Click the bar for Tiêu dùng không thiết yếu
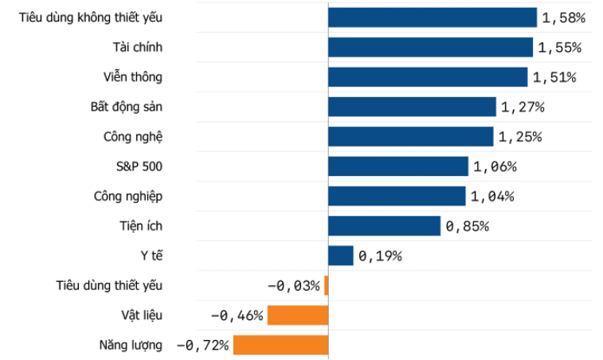coord(433,18)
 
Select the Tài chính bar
coord(430,47)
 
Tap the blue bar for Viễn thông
coord(428,77)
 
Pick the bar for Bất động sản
coord(412,107)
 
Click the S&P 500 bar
coord(398,166)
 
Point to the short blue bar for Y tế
coord(341,256)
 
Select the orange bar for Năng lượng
coord(280,345)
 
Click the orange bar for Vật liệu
coord(298,315)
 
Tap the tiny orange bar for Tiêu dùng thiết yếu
coord(327,285)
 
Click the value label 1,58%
coord(564,18)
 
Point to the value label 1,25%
coord(520,137)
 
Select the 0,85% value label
coord(468,226)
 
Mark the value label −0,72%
coord(202,346)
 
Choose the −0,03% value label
coord(293,286)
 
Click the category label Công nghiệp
coord(128,197)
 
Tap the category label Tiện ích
coord(141,226)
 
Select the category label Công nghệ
coord(133,137)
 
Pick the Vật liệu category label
coord(142,315)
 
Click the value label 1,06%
coord(495,166)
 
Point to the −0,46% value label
coord(237,315)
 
